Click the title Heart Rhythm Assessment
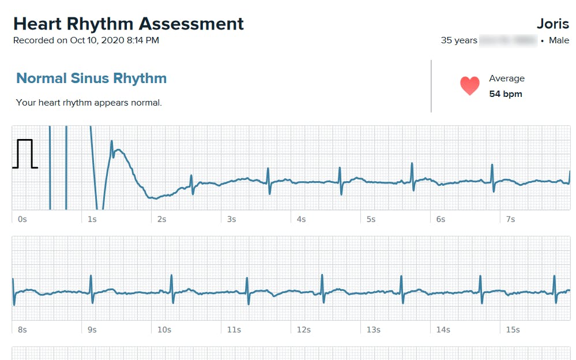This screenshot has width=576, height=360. (129, 24)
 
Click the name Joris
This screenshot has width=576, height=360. (553, 24)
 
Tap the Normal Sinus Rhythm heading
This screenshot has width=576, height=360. (91, 78)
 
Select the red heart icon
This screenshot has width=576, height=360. (470, 86)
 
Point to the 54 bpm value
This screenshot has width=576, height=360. (506, 93)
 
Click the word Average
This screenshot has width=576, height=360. (507, 78)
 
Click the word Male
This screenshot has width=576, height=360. (559, 40)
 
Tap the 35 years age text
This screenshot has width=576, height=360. (459, 40)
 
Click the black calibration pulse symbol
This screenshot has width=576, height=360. (25, 153)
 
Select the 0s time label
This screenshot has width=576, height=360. (22, 219)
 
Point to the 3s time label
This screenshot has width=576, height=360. (232, 219)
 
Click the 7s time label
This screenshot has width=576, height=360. (510, 219)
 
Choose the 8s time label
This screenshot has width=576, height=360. (22, 330)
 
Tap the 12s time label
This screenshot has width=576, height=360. (304, 330)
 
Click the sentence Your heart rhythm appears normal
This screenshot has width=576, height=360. (89, 103)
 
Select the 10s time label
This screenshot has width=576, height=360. (164, 330)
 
